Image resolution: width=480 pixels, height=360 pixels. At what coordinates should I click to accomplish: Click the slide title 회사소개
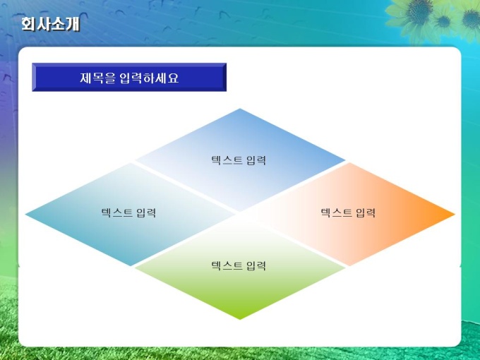point(51,24)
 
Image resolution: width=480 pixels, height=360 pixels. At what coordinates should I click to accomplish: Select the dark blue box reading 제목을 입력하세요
point(129,77)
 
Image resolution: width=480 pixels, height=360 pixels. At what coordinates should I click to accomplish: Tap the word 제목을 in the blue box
point(98,78)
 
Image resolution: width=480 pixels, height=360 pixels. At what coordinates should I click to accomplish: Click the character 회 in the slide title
point(28,24)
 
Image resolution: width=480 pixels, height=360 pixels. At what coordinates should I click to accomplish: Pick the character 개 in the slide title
point(73,24)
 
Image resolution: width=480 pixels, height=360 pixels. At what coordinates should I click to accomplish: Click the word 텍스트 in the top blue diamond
point(227,160)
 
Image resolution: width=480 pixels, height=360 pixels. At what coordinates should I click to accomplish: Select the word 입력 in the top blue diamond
point(256,160)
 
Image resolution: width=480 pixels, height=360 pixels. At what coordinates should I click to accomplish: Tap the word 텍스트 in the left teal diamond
point(116,212)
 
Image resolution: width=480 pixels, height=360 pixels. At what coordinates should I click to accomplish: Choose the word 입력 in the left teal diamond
point(146,212)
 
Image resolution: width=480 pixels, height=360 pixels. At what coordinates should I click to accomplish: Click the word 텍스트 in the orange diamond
point(336,212)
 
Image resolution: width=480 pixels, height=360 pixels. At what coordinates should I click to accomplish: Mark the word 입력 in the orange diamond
point(366,212)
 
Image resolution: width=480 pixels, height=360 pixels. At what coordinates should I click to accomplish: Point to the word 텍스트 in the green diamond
point(227,265)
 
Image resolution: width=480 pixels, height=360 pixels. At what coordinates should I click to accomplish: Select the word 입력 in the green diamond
point(256,265)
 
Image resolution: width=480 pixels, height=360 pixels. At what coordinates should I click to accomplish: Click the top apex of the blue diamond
point(240,109)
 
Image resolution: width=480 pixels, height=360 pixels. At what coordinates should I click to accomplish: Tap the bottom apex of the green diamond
point(240,319)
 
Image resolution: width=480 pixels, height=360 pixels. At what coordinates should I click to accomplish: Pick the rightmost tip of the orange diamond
point(455,215)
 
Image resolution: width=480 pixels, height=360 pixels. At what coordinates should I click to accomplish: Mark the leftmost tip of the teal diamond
point(25,215)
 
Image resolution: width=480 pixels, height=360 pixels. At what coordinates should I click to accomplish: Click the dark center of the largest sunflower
point(419,8)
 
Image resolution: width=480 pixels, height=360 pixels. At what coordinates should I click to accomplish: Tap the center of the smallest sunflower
point(443,21)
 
